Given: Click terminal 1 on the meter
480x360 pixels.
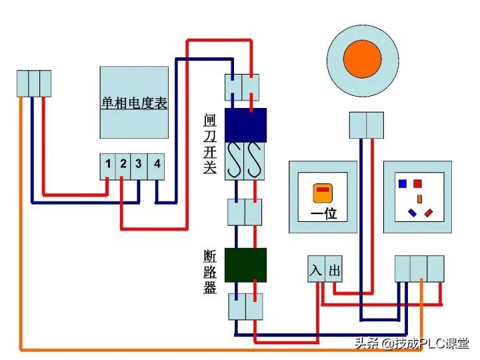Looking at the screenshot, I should (x=107, y=164).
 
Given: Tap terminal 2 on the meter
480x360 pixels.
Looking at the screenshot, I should (x=123, y=164).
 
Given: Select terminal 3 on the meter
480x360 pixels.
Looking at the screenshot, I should (x=139, y=164).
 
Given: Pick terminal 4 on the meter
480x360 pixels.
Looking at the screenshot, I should (x=156, y=164).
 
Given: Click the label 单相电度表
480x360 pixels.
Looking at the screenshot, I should (x=134, y=103).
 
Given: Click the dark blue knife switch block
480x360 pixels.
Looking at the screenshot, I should (x=245, y=125).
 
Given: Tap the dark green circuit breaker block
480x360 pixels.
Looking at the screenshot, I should (x=245, y=265).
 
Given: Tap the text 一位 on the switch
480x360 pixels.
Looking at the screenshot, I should (x=324, y=215).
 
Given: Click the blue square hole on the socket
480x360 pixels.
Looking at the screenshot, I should (x=402, y=183).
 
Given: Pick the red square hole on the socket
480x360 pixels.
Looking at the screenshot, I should (x=418, y=183).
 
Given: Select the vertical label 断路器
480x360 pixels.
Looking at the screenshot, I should (x=210, y=272).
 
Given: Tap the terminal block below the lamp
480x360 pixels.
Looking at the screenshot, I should (x=367, y=125).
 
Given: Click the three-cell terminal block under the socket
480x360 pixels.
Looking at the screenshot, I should (x=419, y=268).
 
